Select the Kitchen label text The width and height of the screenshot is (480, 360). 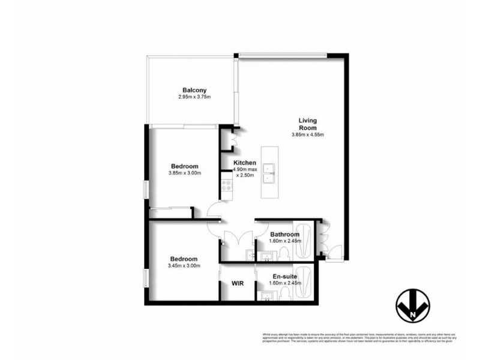click(245, 163)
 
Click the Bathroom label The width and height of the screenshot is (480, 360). click(284, 234)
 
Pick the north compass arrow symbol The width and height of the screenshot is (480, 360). click(413, 304)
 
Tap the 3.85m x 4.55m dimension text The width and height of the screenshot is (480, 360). click(308, 134)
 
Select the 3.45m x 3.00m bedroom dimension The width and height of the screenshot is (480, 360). click(184, 266)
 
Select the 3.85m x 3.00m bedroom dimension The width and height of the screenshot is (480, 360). click(184, 173)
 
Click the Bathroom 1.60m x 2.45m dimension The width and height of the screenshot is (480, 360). click(284, 241)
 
